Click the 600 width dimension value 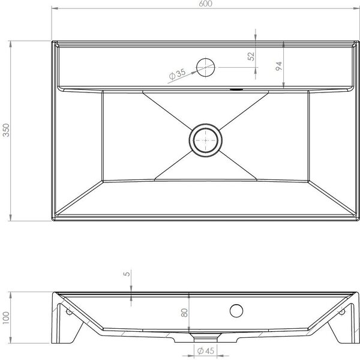pos(205,4)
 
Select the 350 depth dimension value pos(6,130)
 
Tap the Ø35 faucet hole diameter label pos(177,74)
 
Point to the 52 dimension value pos(251,56)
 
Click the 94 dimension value pos(278,66)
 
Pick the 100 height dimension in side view pos(6,318)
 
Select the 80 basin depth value pos(184,313)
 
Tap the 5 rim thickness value pos(127,274)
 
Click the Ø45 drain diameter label pos(205,351)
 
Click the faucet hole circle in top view pos(206,67)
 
